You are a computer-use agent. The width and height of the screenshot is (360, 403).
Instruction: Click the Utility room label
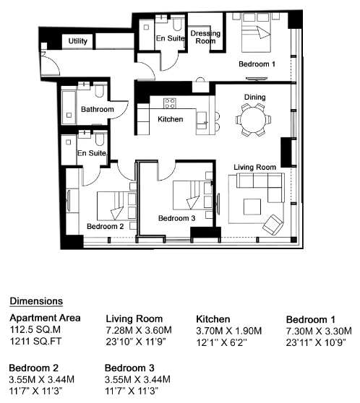(78, 41)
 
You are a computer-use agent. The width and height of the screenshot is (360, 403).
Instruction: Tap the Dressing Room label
(205, 38)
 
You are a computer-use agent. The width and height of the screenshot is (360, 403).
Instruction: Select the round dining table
(253, 119)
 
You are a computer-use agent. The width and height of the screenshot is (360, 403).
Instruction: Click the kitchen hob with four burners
(170, 103)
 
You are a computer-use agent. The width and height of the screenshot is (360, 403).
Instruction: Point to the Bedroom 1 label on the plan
(257, 64)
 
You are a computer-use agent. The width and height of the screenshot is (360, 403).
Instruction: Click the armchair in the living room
(273, 225)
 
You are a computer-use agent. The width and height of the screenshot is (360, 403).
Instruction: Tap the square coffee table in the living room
(252, 207)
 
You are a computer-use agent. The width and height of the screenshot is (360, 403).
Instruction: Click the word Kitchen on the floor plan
(171, 119)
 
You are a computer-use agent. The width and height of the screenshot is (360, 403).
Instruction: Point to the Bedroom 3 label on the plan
(177, 218)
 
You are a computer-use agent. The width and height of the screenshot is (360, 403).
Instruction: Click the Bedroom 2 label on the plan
(106, 227)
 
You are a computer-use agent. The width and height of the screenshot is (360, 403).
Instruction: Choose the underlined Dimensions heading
(36, 301)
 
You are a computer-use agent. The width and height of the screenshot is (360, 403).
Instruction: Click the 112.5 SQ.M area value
(35, 329)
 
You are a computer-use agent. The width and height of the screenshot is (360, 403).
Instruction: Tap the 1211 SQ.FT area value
(35, 342)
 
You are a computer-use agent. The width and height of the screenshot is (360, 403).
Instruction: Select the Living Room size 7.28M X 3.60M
(139, 330)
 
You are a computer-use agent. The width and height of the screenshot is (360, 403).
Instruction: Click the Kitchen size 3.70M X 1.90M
(229, 331)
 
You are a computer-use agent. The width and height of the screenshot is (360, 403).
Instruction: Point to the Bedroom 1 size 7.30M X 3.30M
(319, 331)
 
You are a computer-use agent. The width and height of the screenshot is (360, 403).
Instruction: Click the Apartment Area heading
(45, 318)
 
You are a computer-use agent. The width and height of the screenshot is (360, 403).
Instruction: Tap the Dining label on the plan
(254, 97)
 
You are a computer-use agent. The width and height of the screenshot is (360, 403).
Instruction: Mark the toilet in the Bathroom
(99, 91)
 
